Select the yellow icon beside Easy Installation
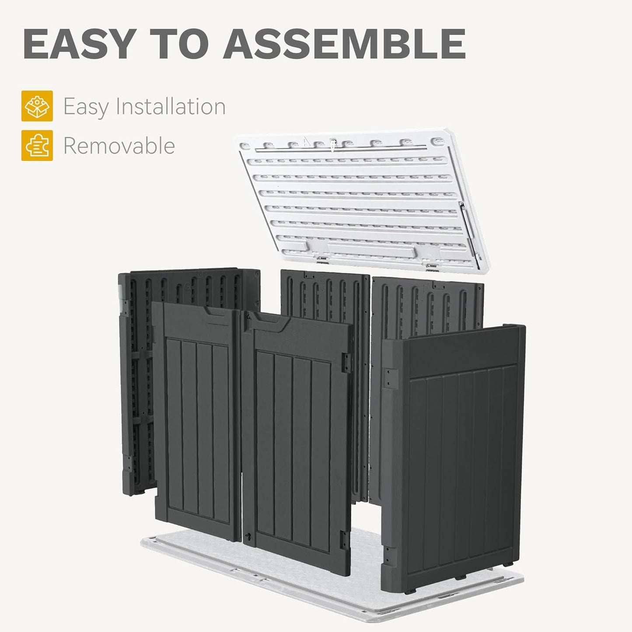coord(37,106)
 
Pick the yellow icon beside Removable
coord(37,145)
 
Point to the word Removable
coord(119,146)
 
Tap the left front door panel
coord(197,420)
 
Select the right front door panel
coord(297,437)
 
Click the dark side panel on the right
coord(459,459)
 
